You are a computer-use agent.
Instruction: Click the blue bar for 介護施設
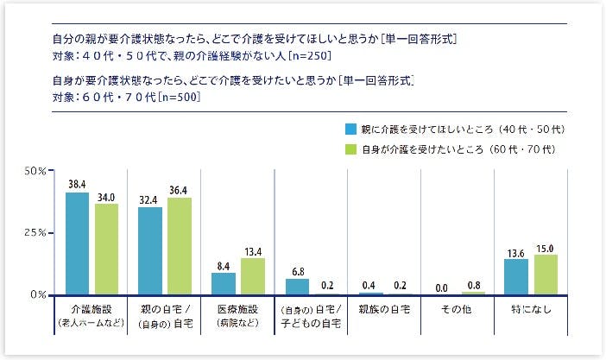(77, 243)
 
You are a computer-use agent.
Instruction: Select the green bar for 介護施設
(106, 249)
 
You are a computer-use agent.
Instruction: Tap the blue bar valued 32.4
(150, 251)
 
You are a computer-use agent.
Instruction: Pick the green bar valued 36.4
(180, 246)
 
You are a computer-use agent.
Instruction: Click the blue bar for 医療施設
(224, 284)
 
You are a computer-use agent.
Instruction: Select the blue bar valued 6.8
(297, 287)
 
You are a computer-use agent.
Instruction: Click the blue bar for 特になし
(516, 277)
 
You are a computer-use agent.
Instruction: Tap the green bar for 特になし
(546, 275)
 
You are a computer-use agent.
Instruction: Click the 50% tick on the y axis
(35, 171)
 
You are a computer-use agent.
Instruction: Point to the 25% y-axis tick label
(35, 233)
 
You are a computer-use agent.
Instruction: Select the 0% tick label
(39, 295)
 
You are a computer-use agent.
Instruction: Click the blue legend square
(350, 129)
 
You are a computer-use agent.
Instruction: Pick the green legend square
(350, 148)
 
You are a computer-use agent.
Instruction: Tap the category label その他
(458, 308)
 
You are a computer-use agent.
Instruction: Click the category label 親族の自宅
(384, 308)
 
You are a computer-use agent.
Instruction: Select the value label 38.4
(77, 185)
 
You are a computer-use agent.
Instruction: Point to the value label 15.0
(546, 248)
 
